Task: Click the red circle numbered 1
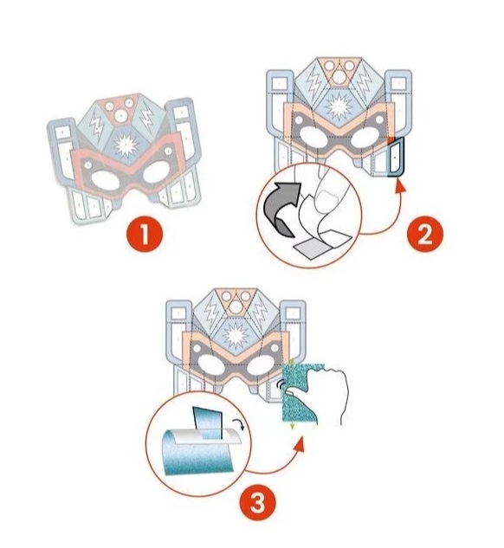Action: pyautogui.click(x=145, y=234)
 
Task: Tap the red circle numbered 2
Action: pyautogui.click(x=425, y=234)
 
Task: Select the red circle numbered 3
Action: pyautogui.click(x=257, y=504)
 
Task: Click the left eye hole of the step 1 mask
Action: pyautogui.click(x=105, y=180)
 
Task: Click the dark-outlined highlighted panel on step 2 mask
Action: pyautogui.click(x=396, y=156)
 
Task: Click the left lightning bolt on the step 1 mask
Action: pyautogui.click(x=96, y=126)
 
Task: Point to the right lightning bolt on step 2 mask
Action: pyautogui.click(x=365, y=82)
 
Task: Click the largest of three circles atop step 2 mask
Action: pyautogui.click(x=339, y=77)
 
